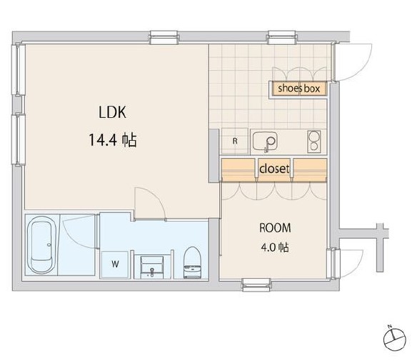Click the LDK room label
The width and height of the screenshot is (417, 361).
[112, 112]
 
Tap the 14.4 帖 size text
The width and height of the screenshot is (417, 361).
[113, 140]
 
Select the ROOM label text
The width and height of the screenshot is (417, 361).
[275, 228]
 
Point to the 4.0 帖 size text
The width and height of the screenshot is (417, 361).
[275, 247]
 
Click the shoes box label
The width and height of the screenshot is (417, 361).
[299, 89]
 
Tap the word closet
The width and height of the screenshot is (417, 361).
[274, 169]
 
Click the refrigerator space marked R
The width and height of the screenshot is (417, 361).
[235, 141]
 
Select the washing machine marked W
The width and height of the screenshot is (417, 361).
[115, 264]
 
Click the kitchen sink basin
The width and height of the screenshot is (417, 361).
[265, 141]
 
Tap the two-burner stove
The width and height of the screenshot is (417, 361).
[314, 142]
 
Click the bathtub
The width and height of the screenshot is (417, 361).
[41, 245]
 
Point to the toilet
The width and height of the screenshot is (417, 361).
[192, 262]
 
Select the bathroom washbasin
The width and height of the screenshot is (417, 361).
[152, 267]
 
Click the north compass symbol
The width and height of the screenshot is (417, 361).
[395, 339]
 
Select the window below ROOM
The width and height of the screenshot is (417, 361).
[256, 285]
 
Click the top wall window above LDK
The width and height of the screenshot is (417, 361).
[164, 37]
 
